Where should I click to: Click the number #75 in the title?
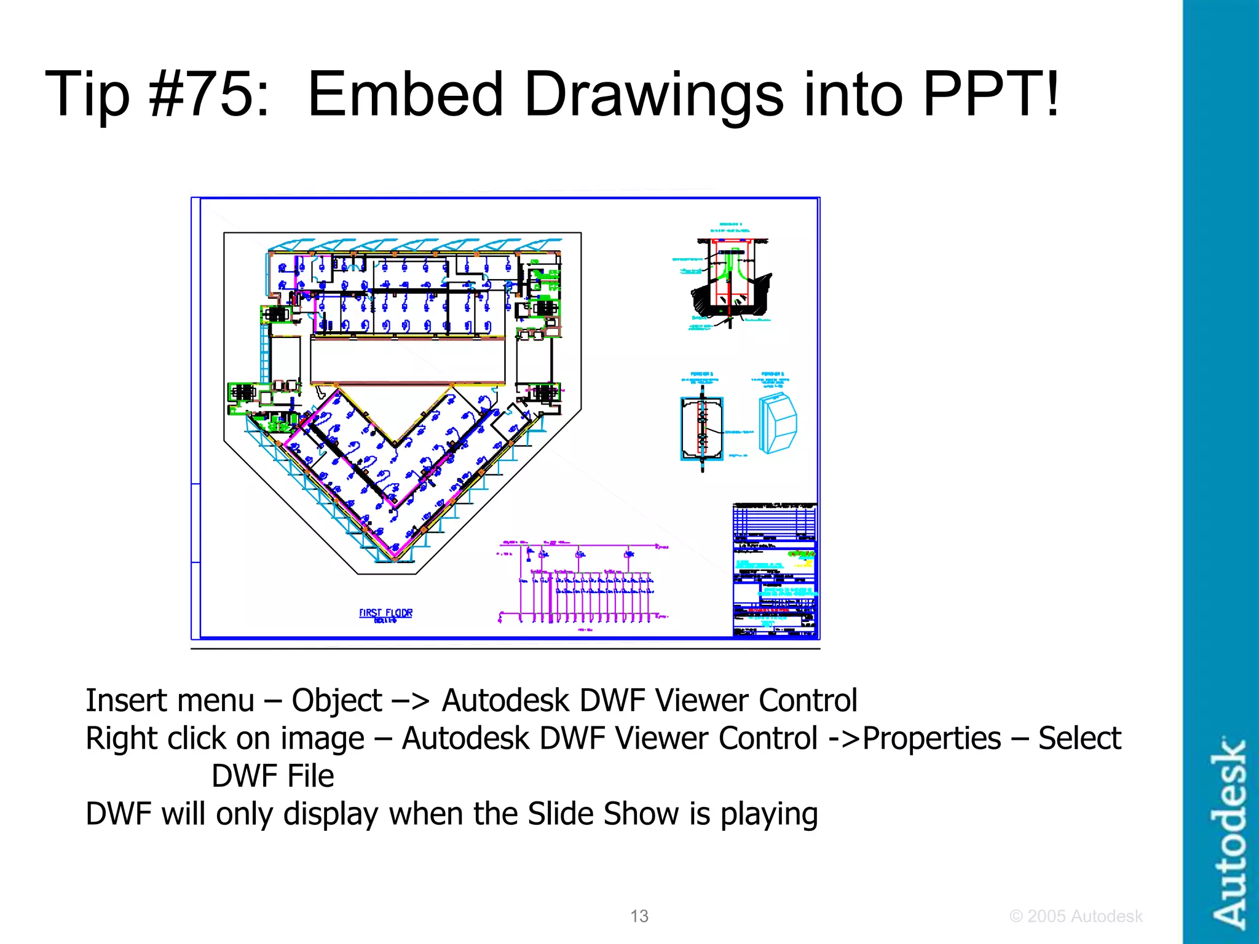click(209, 94)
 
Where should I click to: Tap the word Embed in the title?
click(406, 94)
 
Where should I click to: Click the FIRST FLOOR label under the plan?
click(385, 614)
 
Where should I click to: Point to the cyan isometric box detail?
click(778, 423)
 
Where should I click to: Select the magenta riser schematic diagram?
click(581, 584)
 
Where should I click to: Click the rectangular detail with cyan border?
click(701, 428)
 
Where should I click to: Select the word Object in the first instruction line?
click(336, 701)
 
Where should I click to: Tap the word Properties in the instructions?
click(931, 738)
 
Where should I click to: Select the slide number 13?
click(639, 916)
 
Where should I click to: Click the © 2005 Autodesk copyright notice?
click(1076, 916)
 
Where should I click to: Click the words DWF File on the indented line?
click(272, 776)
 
